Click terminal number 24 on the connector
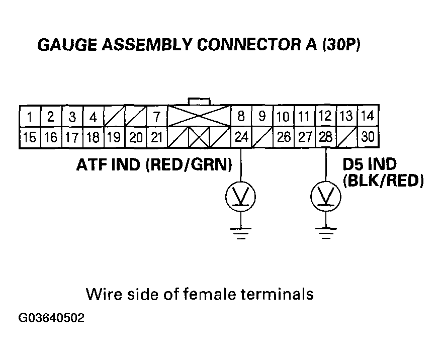tap(241, 137)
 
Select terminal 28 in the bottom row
tap(325, 137)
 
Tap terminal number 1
tap(30, 118)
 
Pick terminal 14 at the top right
tap(368, 116)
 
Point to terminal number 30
tap(368, 137)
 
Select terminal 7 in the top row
tap(156, 118)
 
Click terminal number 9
tap(262, 117)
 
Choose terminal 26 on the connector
tap(284, 137)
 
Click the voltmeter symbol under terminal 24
tap(241, 197)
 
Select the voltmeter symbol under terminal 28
tap(325, 197)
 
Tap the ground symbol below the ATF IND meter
tap(241, 232)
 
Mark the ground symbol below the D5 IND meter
tap(325, 232)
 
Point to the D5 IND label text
tap(369, 164)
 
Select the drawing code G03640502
tap(51, 318)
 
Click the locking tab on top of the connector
tap(199, 102)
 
